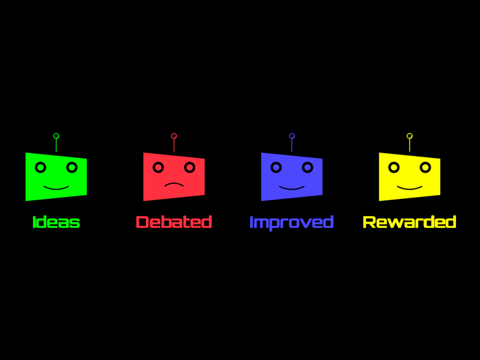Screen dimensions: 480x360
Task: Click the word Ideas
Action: (x=56, y=222)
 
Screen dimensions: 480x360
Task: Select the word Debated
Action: (x=174, y=222)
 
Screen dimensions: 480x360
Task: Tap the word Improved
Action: (x=291, y=223)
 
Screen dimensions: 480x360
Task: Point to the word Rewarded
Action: (x=409, y=222)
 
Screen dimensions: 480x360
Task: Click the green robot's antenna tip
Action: (x=56, y=136)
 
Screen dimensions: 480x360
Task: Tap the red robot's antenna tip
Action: (x=174, y=136)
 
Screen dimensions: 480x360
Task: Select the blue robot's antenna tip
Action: (x=292, y=136)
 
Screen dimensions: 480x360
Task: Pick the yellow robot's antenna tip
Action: (x=409, y=136)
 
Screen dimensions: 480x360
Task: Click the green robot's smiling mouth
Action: (x=56, y=189)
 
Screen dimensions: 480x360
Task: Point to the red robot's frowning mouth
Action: (x=174, y=184)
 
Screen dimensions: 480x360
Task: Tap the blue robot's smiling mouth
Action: (x=292, y=189)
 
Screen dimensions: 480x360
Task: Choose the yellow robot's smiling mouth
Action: (x=409, y=189)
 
